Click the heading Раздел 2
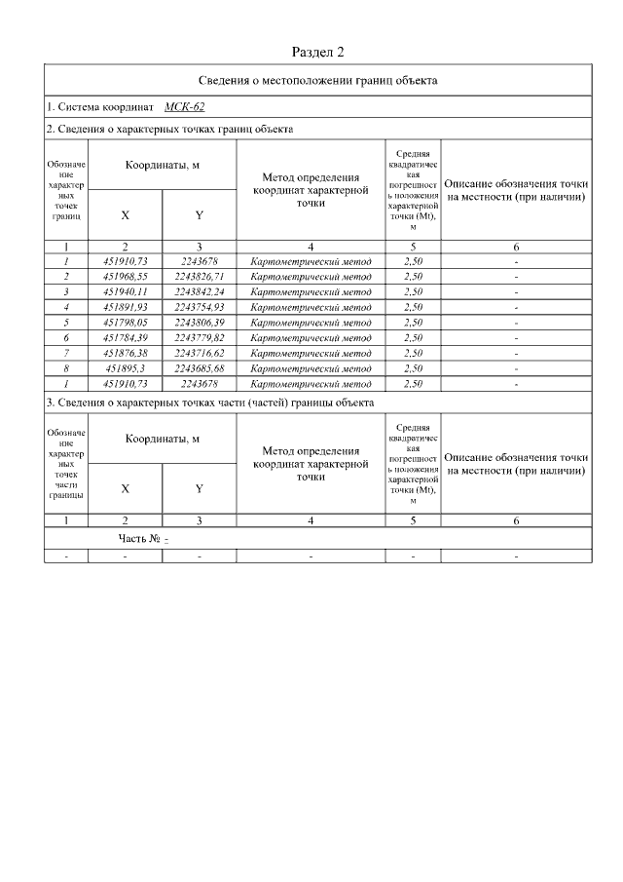[318, 51]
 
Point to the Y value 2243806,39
[200, 323]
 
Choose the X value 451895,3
[125, 368]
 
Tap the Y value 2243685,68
[200, 368]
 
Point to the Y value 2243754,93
[200, 307]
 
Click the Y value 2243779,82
[200, 338]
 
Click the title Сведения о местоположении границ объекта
[318, 81]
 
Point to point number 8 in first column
[66, 368]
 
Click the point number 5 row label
[66, 323]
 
